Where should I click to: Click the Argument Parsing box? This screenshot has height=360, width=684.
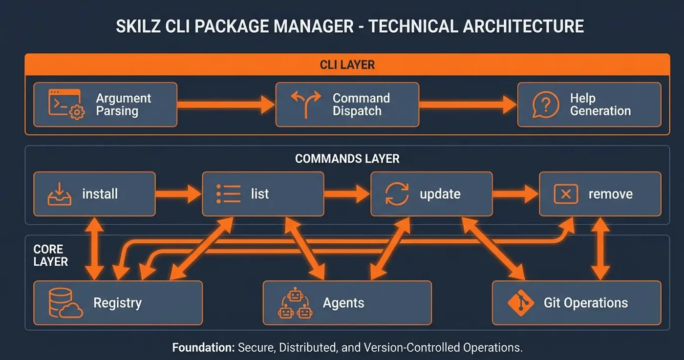coord(105,105)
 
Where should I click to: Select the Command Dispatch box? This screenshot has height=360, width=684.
coord(347,105)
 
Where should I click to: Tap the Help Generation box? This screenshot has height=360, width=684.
coord(589,105)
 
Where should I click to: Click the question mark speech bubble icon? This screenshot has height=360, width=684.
coord(546,105)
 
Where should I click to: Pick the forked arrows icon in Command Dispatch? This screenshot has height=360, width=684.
coord(305,104)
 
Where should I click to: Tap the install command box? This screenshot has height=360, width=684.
coord(94,194)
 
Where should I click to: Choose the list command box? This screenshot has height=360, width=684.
coord(263,194)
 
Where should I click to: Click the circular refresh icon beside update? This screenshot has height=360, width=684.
coord(397,194)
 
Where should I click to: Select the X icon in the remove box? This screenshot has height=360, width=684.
coord(566,194)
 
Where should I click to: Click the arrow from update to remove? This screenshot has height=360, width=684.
coord(515,194)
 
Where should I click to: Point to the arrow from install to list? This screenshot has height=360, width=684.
coord(178,194)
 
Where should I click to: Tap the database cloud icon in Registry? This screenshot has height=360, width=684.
coord(65,303)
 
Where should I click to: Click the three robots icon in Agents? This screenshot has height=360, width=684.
coord(295,303)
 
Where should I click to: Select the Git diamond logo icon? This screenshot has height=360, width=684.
coord(521,303)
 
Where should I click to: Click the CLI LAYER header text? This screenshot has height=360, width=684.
coord(347,64)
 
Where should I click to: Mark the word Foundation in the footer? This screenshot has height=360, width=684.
coord(203,348)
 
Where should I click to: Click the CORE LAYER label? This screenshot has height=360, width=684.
coord(50,255)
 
